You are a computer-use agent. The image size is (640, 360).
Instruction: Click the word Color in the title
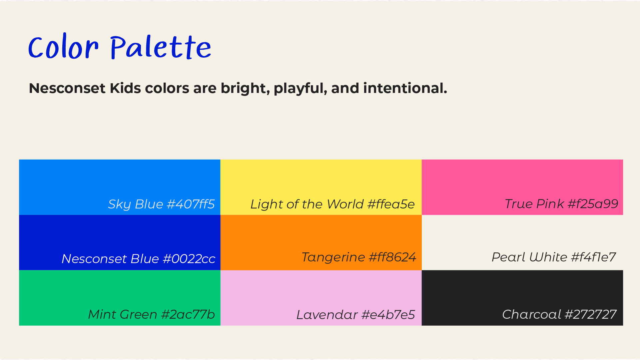[x=63, y=47]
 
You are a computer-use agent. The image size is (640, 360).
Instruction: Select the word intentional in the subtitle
[x=405, y=88]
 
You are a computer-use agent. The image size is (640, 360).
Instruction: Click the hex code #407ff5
[x=191, y=204]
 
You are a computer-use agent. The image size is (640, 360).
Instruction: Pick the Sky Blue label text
[x=135, y=204]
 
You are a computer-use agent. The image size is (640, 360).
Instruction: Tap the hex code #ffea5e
[x=391, y=204]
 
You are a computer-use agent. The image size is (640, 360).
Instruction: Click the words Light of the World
[x=307, y=204]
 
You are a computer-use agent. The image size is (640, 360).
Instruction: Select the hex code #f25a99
[x=593, y=204]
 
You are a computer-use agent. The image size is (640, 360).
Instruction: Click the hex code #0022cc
[x=189, y=259]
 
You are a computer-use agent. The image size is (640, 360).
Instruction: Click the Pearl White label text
[x=529, y=257]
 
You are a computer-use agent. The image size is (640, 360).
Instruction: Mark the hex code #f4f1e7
[x=593, y=257]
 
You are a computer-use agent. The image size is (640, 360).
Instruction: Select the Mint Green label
[x=122, y=314]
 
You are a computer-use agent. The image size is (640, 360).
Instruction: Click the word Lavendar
[x=327, y=315]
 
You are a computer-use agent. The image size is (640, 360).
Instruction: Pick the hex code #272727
[x=591, y=314]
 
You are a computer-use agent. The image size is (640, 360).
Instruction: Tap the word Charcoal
[x=532, y=314]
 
